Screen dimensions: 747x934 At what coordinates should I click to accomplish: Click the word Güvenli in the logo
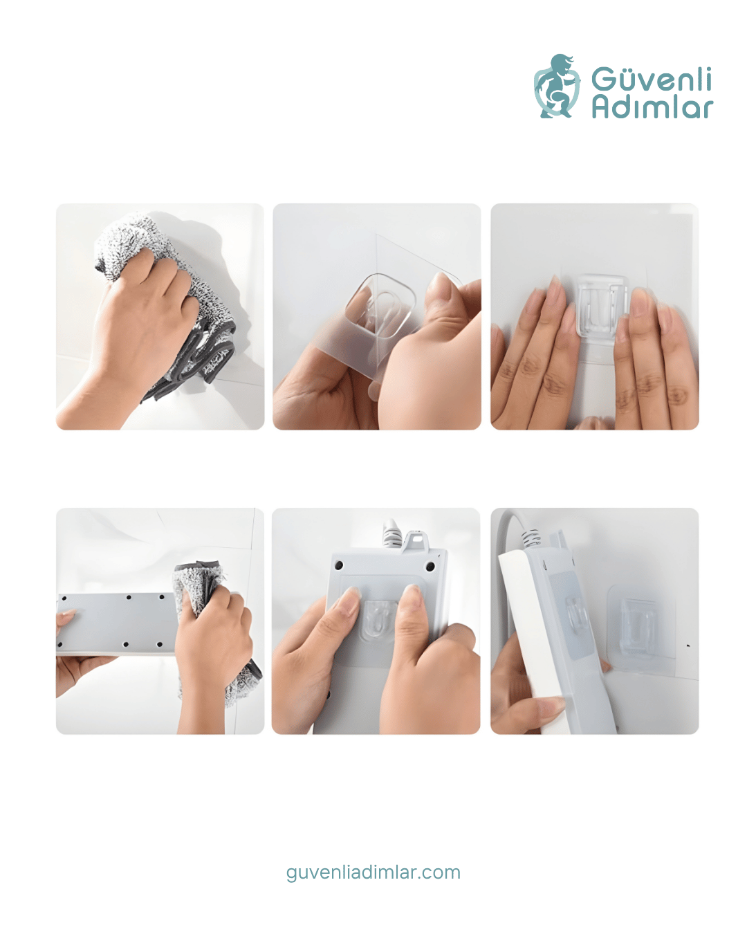click(651, 79)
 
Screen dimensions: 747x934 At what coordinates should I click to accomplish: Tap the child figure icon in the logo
click(557, 86)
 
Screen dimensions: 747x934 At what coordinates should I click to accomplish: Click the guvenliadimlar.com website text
click(373, 872)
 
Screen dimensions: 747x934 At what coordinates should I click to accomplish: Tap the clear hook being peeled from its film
click(380, 306)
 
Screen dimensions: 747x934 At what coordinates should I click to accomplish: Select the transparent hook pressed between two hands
click(602, 306)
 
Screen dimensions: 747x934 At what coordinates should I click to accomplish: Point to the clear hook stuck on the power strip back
click(378, 620)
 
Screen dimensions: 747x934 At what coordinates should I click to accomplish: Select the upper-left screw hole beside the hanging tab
click(340, 565)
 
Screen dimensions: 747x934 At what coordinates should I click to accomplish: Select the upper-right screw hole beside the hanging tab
click(430, 566)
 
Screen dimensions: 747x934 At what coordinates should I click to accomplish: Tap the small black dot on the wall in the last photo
click(688, 645)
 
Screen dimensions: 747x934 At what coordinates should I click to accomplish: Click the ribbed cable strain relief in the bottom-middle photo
click(390, 534)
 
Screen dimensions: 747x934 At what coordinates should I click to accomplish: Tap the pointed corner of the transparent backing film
click(376, 235)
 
